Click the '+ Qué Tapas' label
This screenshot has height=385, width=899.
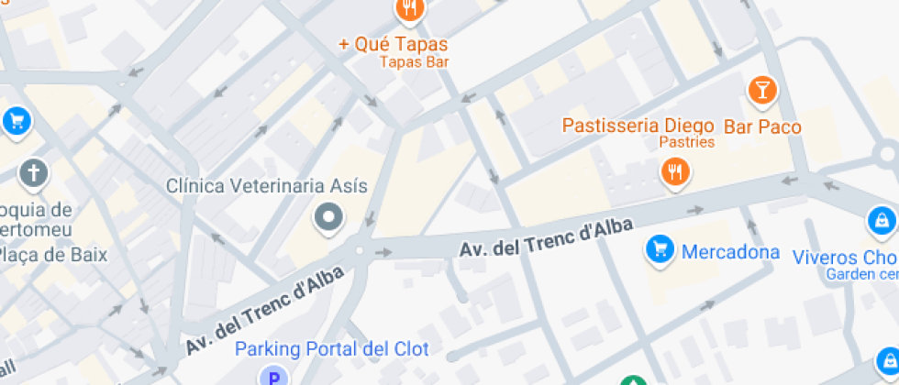click(393, 43)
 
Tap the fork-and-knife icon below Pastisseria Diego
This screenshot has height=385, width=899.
click(675, 170)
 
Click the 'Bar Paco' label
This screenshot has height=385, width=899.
click(762, 126)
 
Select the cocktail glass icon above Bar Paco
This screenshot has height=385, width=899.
click(761, 91)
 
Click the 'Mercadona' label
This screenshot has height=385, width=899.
click(729, 251)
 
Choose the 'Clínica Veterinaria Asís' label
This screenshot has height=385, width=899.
click(266, 186)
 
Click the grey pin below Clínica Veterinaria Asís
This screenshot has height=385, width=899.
click(327, 218)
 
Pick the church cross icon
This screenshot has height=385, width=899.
click(34, 172)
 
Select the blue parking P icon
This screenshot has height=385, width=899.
click(272, 377)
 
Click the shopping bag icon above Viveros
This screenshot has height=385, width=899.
click(881, 220)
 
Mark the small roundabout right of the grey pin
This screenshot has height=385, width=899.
click(359, 249)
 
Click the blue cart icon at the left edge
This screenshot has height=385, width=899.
click(16, 120)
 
